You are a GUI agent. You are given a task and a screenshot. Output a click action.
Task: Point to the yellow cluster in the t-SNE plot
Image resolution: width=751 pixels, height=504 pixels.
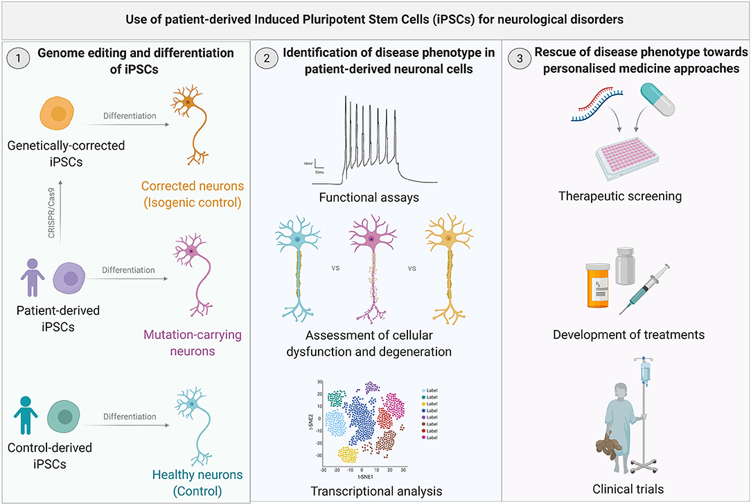pos(351,455)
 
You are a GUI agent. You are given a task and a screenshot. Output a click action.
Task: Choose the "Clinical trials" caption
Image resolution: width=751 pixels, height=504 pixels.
pos(628,489)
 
